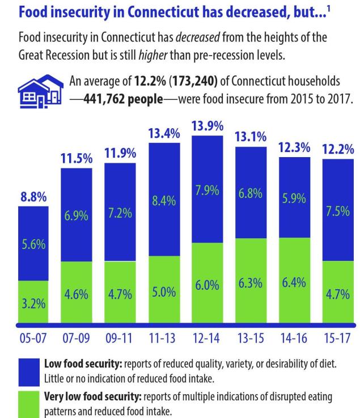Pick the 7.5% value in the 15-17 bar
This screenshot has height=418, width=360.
point(338,211)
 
